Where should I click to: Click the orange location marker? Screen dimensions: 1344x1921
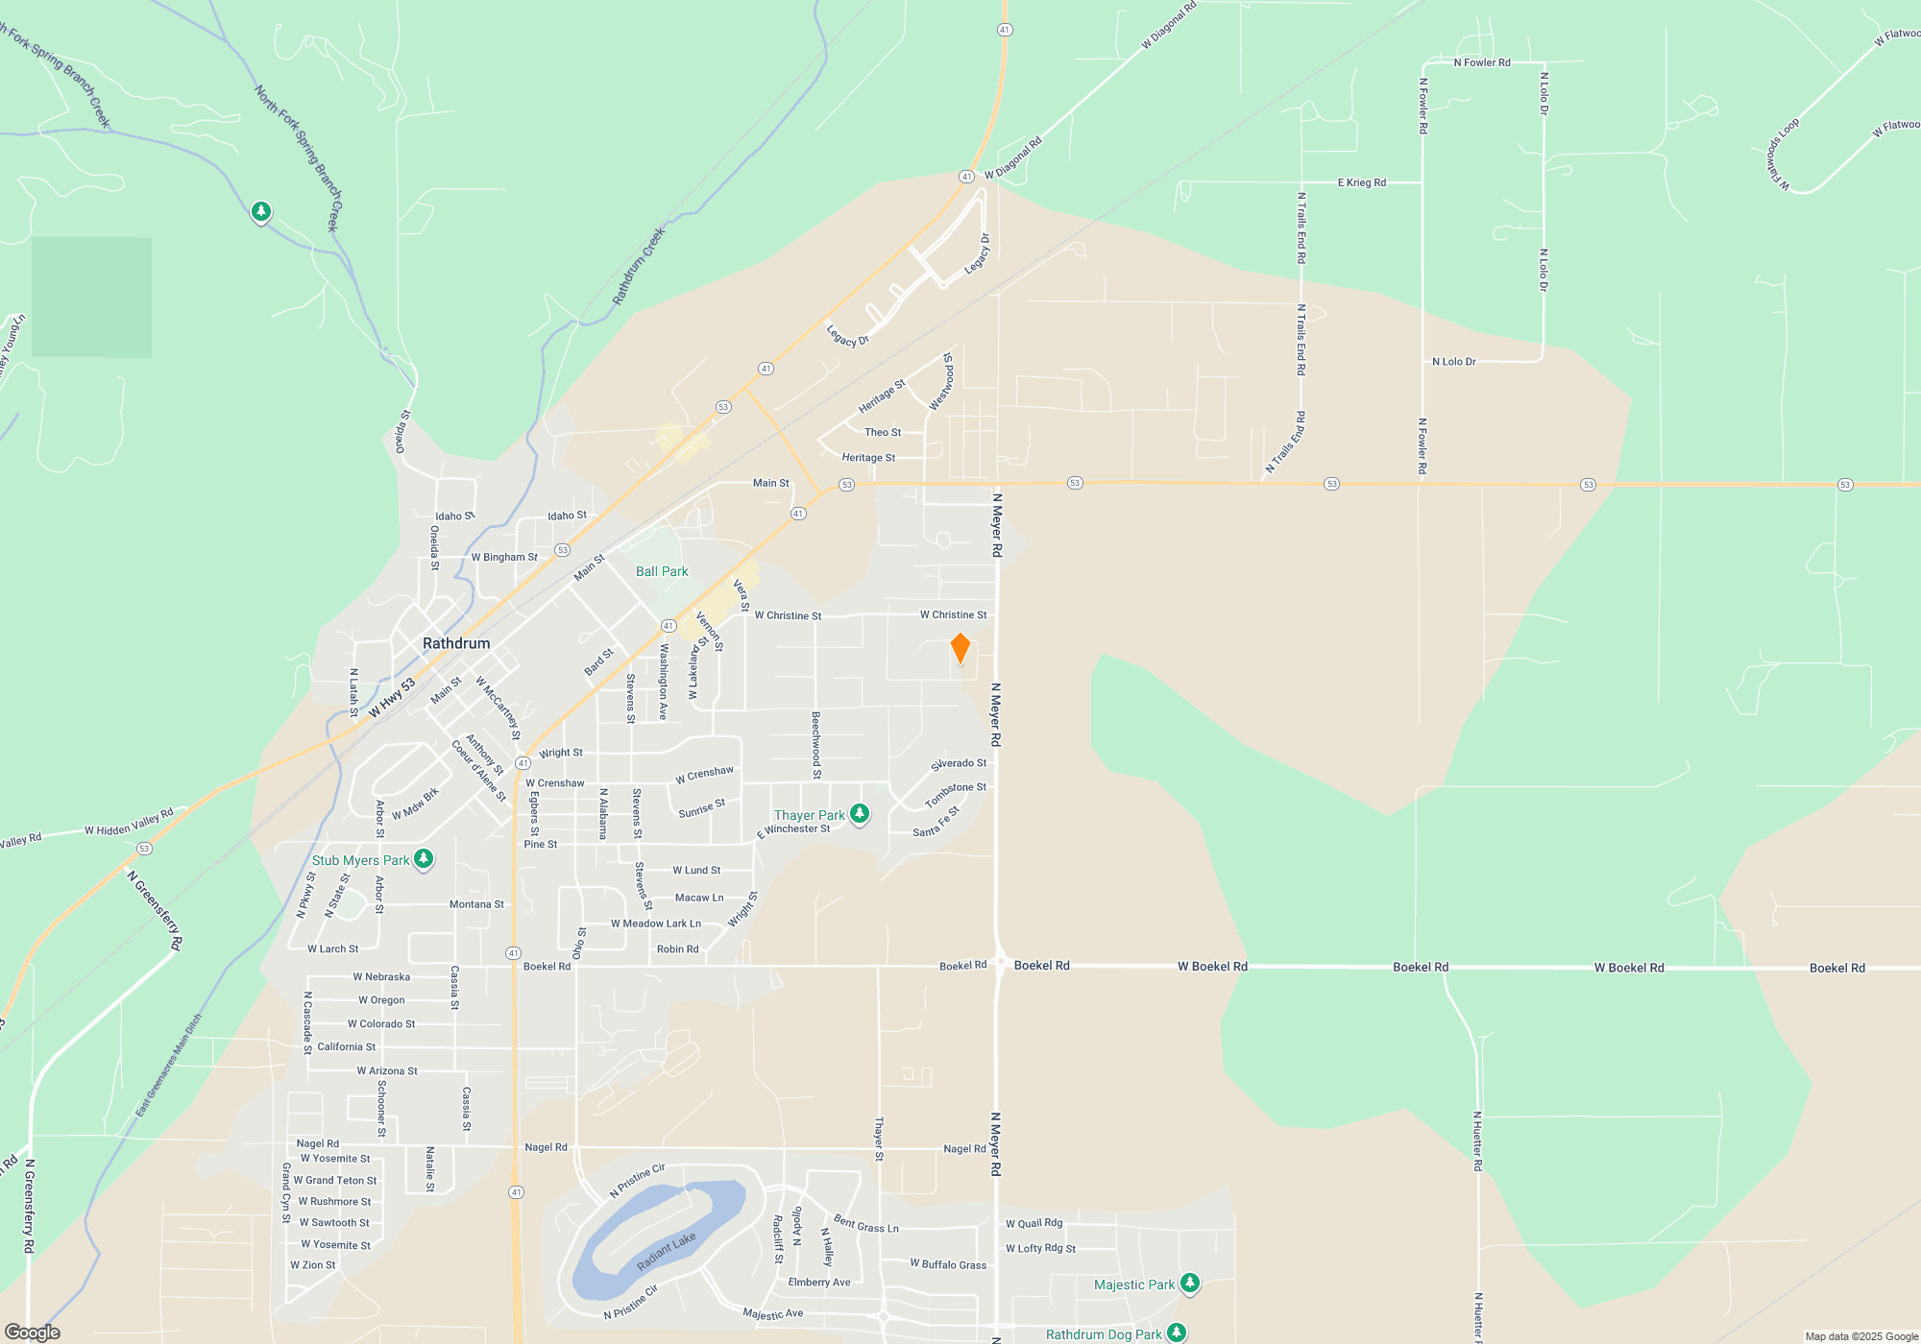click(x=960, y=648)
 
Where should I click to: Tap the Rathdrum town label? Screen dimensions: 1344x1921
click(x=456, y=643)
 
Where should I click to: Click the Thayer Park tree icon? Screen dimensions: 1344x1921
click(x=860, y=814)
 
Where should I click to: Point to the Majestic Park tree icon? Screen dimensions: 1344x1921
click(x=1189, y=1283)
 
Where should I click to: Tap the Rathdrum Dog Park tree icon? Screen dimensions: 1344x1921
click(x=1176, y=1332)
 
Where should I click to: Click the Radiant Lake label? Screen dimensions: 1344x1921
click(x=666, y=1252)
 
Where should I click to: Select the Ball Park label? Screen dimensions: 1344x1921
click(x=662, y=571)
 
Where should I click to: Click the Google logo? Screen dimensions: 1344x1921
click(x=32, y=1332)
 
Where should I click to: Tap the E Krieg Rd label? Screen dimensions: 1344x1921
click(x=1362, y=182)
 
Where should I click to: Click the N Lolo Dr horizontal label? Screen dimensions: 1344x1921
click(x=1453, y=362)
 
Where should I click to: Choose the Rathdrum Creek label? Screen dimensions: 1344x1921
click(x=639, y=266)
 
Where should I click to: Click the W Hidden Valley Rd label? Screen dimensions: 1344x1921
click(x=129, y=823)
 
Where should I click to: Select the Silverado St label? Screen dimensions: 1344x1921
click(x=959, y=764)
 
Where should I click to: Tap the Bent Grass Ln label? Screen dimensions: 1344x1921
click(x=866, y=1224)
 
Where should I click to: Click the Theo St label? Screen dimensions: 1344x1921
click(x=883, y=432)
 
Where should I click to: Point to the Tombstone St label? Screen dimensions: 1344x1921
click(x=955, y=794)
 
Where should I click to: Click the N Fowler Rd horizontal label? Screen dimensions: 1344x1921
click(x=1482, y=62)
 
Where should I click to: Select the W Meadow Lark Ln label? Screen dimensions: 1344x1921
click(x=656, y=924)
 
